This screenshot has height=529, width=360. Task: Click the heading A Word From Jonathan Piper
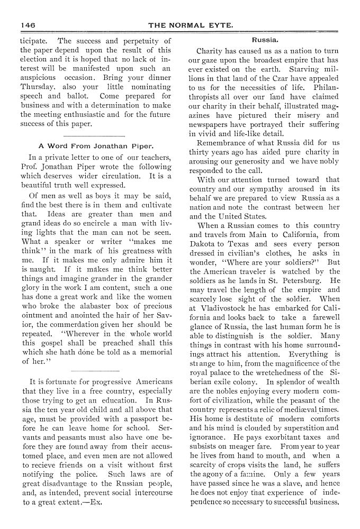click(96, 146)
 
